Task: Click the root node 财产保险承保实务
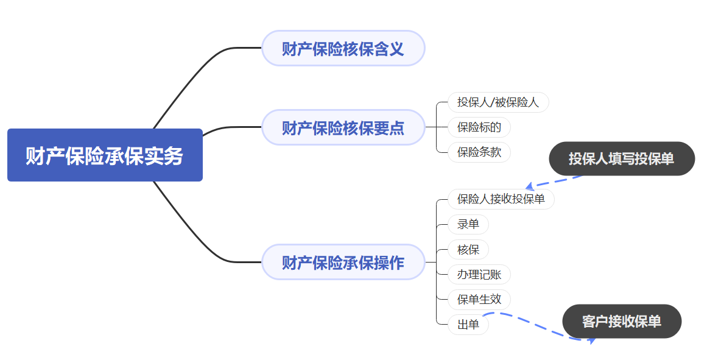(105, 155)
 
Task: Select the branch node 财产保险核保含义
(343, 48)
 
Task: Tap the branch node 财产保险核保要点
(343, 127)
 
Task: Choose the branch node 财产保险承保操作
(343, 263)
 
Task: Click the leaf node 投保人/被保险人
(498, 102)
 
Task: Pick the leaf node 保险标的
(479, 127)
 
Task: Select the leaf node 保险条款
(479, 152)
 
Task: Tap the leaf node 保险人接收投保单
(501, 199)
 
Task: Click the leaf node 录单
(468, 224)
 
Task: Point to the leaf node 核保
(468, 249)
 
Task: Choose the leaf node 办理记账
(479, 274)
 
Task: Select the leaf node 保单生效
(479, 299)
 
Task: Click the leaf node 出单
(468, 324)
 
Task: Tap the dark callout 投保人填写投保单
(621, 159)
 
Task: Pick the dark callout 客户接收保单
(621, 321)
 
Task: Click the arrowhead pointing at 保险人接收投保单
(529, 186)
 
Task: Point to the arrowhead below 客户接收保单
(590, 340)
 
